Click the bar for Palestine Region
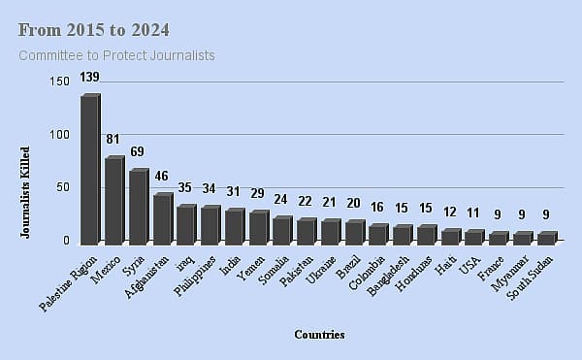(x=89, y=170)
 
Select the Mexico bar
(x=113, y=200)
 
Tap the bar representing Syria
(x=138, y=207)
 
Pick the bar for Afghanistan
(x=162, y=218)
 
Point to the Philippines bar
(x=210, y=225)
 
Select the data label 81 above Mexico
(x=114, y=140)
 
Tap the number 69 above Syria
(x=138, y=152)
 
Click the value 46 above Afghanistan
(x=162, y=177)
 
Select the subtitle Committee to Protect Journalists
(x=116, y=55)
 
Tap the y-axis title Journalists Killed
(x=25, y=192)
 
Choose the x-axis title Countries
(x=319, y=335)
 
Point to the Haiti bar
(x=450, y=236)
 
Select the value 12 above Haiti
(x=450, y=213)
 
